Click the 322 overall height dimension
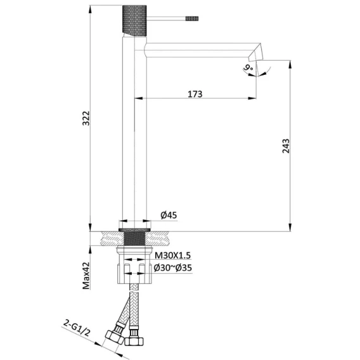86,118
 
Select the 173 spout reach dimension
195,94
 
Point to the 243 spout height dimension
286,146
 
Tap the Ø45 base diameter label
169,215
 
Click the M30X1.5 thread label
172,255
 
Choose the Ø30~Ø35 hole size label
172,267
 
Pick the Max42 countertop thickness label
86,276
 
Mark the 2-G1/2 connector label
77,329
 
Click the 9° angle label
248,68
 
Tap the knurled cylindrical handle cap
134,21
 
